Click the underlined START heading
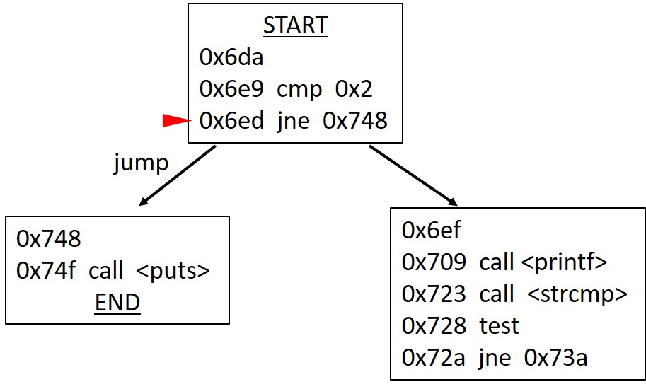click(x=295, y=25)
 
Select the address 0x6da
click(x=231, y=57)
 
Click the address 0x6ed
click(x=231, y=121)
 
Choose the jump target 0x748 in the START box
click(x=354, y=121)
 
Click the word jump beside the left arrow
click(x=142, y=163)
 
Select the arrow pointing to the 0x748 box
click(x=177, y=176)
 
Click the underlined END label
click(x=117, y=303)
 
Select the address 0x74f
click(x=47, y=271)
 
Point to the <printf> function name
click(x=564, y=262)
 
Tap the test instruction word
click(x=499, y=325)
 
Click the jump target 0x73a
click(x=555, y=358)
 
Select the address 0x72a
click(x=433, y=358)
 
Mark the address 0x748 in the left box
click(x=49, y=239)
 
